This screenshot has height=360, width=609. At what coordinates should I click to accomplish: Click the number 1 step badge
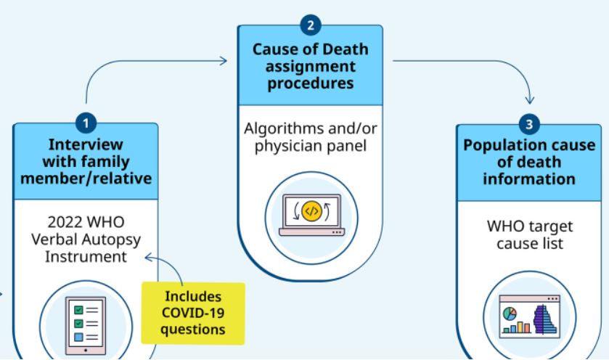(x=86, y=116)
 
